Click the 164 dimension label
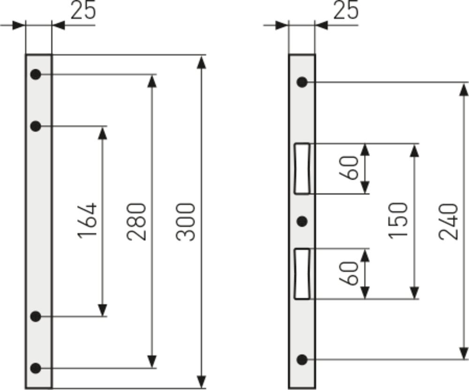coord(88,221)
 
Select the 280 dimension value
coord(137,221)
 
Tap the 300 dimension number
coord(186,221)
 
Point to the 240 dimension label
coord(449,221)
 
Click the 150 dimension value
coord(399,220)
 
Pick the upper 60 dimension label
coord(350,168)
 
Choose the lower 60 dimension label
coord(350,273)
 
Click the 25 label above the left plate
coord(83,10)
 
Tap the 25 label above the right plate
coord(346,10)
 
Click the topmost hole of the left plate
coord(36,74)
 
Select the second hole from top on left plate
coord(36,126)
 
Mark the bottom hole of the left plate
coord(36,368)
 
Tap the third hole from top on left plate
coord(36,316)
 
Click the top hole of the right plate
coord(302,82)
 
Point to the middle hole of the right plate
coord(303,221)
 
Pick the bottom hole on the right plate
coord(302,360)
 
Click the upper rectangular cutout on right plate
coord(302,169)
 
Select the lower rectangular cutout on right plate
coord(302,274)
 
